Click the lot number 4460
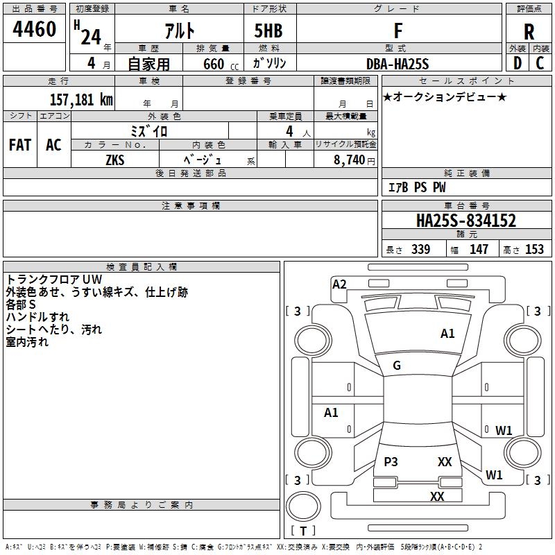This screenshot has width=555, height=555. (35, 30)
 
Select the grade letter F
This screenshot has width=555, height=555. (398, 31)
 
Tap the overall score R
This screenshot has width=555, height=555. (529, 32)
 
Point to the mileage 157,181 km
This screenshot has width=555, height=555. (81, 99)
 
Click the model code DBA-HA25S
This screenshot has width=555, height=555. (398, 64)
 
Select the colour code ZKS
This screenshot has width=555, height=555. (115, 159)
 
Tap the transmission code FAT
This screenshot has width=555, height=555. (20, 145)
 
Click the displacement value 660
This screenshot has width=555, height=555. (213, 65)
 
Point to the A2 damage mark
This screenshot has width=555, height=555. (339, 284)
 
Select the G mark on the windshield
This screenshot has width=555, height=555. (397, 366)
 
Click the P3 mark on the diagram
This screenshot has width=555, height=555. (391, 461)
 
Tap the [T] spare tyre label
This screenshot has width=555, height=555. (303, 531)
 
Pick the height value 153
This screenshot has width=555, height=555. (534, 250)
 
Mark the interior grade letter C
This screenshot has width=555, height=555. (540, 63)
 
